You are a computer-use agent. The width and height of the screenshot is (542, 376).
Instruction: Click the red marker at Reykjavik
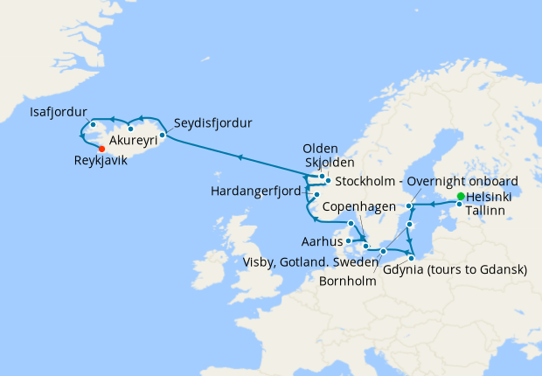tap(102, 149)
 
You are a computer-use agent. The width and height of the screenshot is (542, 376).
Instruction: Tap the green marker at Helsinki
tap(461, 195)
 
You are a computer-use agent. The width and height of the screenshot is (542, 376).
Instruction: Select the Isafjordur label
tap(59, 113)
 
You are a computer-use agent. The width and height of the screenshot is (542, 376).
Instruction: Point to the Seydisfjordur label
tap(212, 122)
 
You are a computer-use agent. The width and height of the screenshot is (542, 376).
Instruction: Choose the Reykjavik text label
tap(107, 161)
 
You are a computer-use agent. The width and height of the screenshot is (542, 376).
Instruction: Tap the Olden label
tap(319, 149)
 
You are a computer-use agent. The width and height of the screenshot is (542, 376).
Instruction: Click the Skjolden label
tap(330, 163)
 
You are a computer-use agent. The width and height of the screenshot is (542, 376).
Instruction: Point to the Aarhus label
tap(321, 240)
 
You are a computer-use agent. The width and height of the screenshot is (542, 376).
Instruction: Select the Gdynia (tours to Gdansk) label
tap(455, 270)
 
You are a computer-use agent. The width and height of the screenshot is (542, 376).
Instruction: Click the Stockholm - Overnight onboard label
tap(421, 181)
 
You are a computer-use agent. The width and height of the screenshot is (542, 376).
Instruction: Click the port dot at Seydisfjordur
tap(163, 136)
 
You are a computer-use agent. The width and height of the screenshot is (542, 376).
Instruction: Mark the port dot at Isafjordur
tap(92, 124)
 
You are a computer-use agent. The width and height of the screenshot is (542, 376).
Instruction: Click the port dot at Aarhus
tap(348, 240)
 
